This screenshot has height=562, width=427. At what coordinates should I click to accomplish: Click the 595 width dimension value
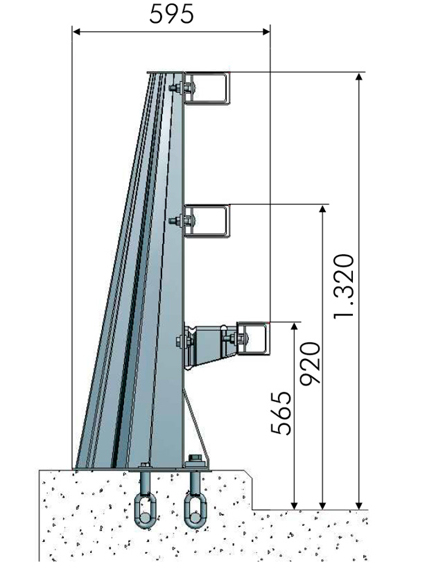171,15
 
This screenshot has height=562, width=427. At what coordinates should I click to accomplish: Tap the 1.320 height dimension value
344,286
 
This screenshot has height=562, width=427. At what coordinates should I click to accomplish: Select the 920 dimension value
310,364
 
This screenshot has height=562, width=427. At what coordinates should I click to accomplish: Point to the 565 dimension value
281,413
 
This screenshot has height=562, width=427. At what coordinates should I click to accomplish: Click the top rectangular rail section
207,89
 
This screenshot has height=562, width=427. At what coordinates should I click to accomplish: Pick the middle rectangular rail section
207,221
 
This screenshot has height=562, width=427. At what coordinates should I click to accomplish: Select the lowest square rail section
254,339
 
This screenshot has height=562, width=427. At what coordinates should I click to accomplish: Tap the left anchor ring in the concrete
145,511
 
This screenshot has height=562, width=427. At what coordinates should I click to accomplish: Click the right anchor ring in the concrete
195,511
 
